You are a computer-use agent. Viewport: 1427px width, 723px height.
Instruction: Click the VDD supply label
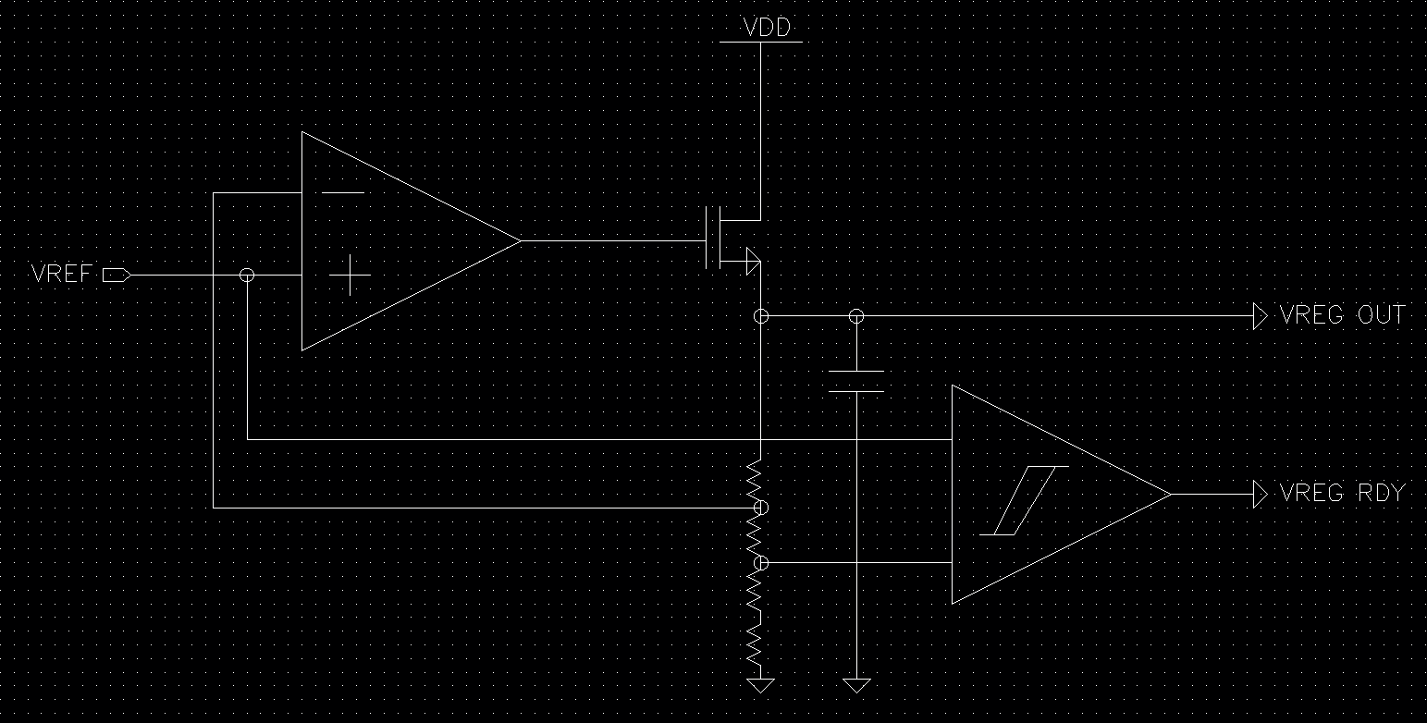pyautogui.click(x=767, y=27)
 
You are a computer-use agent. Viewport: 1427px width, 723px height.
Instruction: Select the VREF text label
pyautogui.click(x=62, y=274)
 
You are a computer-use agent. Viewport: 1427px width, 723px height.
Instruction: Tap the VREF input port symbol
pyautogui.click(x=117, y=276)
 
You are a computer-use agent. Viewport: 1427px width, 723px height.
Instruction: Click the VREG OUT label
pyautogui.click(x=1342, y=314)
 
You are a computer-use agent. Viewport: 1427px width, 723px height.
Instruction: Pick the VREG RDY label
pyautogui.click(x=1342, y=493)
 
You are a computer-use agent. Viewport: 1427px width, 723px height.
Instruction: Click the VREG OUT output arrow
pyautogui.click(x=1261, y=316)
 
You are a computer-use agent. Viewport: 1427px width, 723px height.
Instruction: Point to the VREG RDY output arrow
pyautogui.click(x=1261, y=495)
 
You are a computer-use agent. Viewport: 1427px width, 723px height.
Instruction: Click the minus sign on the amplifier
pyautogui.click(x=343, y=192)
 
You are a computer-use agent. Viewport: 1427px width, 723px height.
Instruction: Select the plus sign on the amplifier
pyautogui.click(x=350, y=276)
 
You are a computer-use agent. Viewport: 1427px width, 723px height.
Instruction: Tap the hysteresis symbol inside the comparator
pyautogui.click(x=1024, y=501)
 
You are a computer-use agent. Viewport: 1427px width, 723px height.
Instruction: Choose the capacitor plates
pyautogui.click(x=856, y=382)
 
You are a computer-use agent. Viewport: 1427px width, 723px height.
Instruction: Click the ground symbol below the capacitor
pyautogui.click(x=856, y=685)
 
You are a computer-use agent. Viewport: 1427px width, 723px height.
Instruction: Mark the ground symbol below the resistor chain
pyautogui.click(x=760, y=685)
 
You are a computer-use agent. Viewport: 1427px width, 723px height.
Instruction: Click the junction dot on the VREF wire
pyautogui.click(x=247, y=276)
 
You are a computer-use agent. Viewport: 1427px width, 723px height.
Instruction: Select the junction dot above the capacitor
pyautogui.click(x=856, y=316)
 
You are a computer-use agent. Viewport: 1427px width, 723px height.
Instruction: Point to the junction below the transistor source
pyautogui.click(x=760, y=316)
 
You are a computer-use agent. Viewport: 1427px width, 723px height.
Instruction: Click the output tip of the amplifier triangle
pyautogui.click(x=521, y=240)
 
